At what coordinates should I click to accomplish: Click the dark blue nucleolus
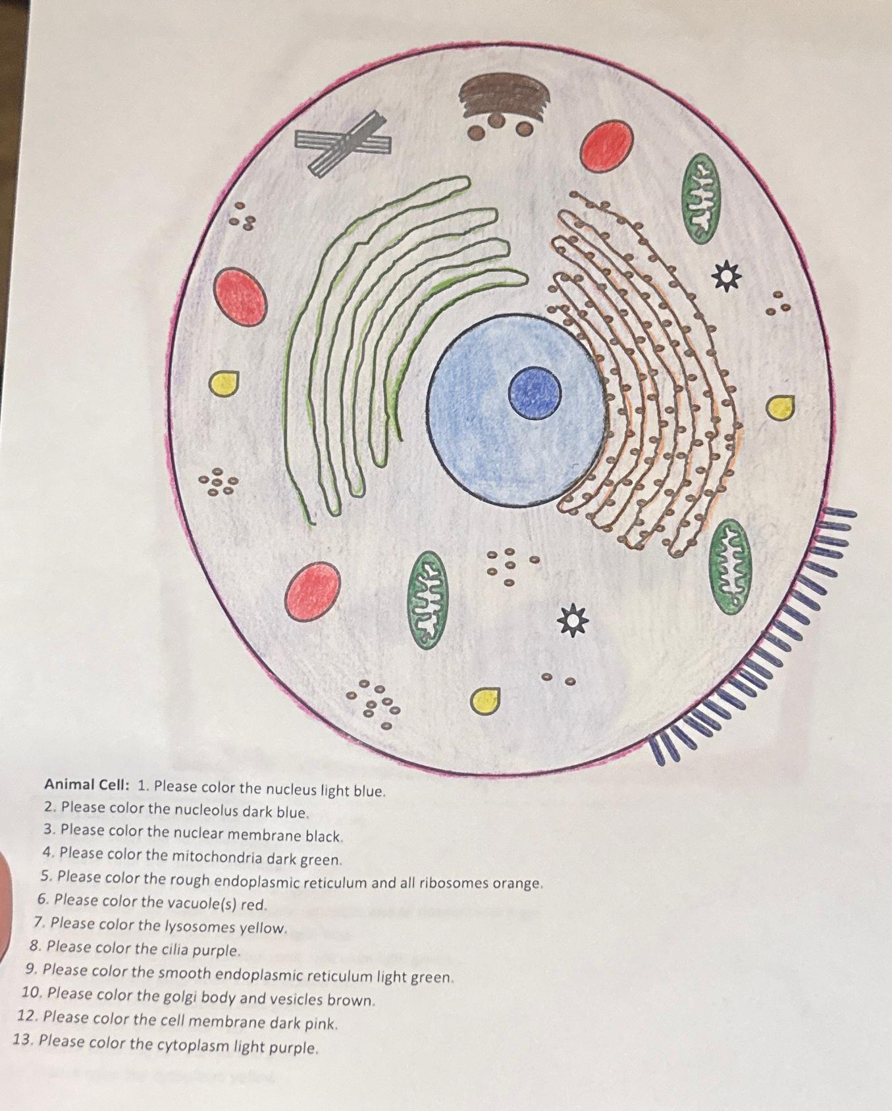(535, 393)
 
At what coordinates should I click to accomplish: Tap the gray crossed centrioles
(343, 143)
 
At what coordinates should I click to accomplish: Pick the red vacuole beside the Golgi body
(606, 146)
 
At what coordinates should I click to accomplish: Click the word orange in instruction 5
(519, 883)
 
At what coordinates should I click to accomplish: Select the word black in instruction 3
(323, 836)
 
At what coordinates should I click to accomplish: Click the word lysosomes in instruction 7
(199, 926)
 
